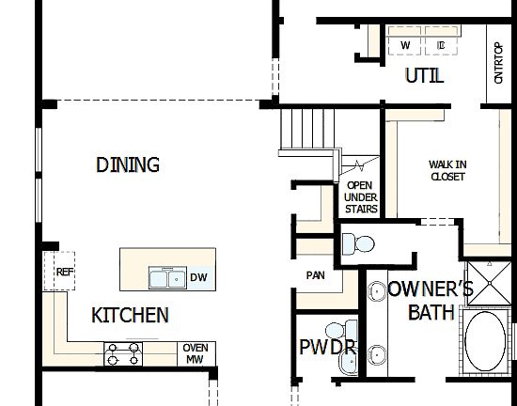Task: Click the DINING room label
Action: pos(128,165)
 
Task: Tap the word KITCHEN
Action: pos(130,316)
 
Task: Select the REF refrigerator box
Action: pos(64,272)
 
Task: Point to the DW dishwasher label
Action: pos(197,277)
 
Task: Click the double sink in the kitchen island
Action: pos(166,277)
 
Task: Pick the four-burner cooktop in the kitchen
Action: pos(124,353)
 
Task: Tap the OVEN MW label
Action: pos(195,353)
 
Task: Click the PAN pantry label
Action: pos(315,276)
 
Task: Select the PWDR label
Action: pos(326,349)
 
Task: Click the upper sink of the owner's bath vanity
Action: pos(377,291)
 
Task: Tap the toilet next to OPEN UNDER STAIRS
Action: pos(355,244)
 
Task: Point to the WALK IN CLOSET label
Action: pos(447,170)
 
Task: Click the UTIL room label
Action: pos(423,76)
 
